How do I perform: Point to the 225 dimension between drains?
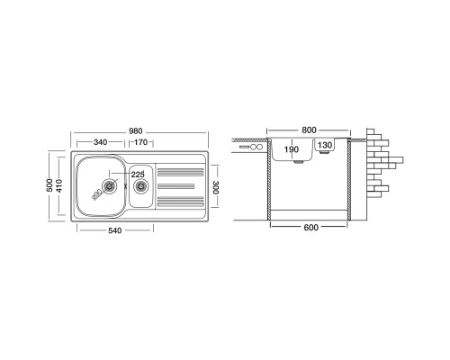138,174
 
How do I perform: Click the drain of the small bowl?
140,186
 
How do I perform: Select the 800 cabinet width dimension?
310,130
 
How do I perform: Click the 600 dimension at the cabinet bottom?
310,228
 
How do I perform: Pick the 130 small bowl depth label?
324,146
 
